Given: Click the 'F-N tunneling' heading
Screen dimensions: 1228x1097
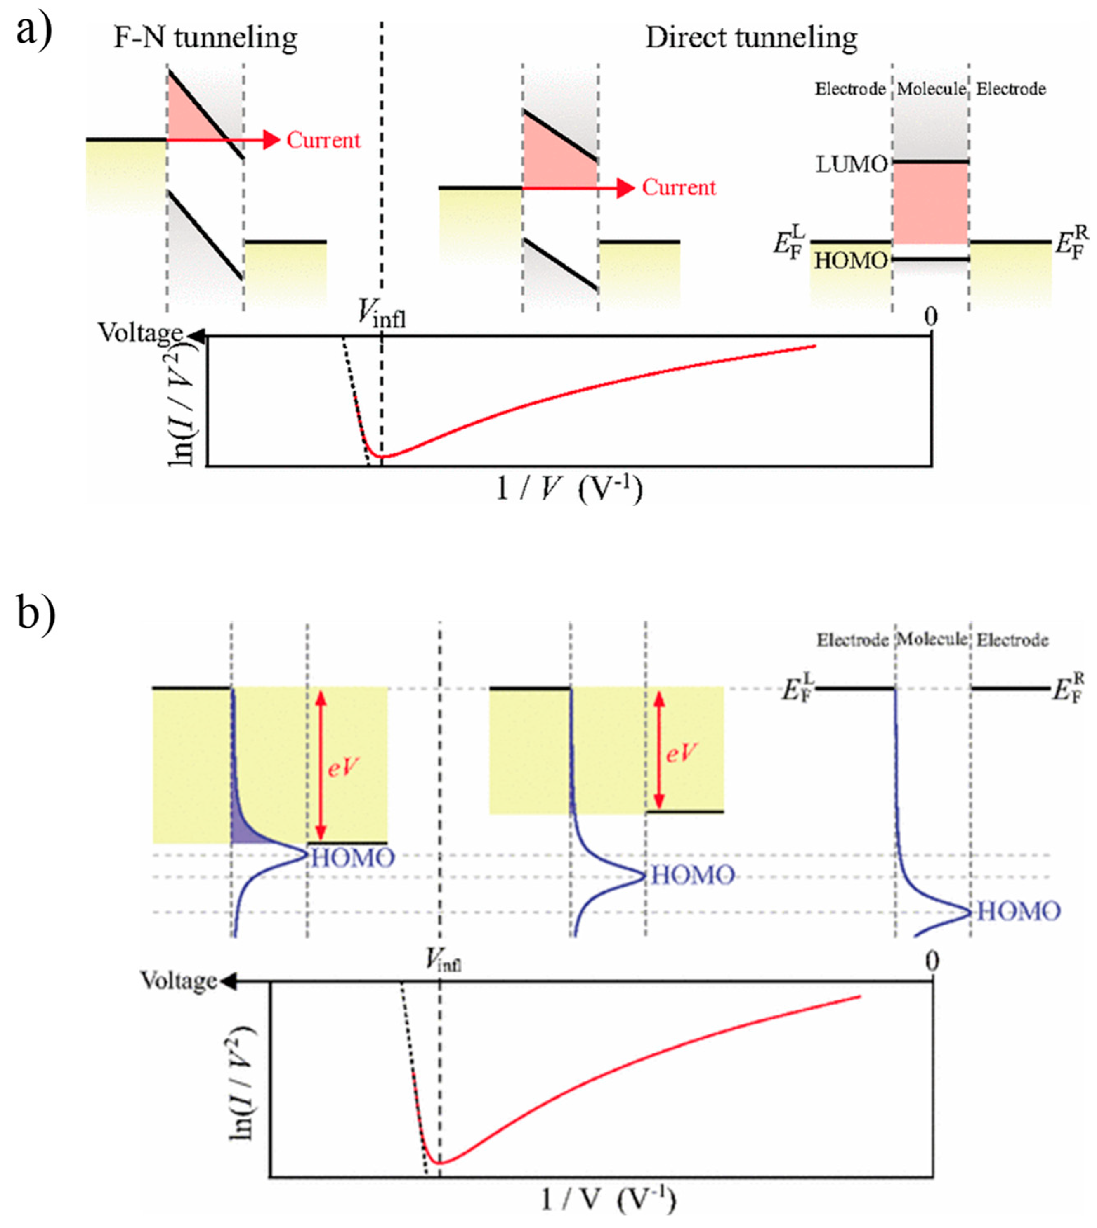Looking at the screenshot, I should pos(205,38).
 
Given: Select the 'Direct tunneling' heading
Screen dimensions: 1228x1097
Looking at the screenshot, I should pos(751,38).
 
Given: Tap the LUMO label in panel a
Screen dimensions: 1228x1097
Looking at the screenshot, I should pos(851,164).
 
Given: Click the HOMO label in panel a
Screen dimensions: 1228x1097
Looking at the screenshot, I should pos(851,261).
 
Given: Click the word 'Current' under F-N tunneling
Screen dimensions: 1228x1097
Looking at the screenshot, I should pos(323,140).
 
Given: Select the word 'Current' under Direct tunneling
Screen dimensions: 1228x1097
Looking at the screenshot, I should pos(679,187).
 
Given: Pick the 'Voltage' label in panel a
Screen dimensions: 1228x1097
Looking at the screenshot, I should pos(140,333).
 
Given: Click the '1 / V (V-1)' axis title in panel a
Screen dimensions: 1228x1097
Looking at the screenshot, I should pos(569,489).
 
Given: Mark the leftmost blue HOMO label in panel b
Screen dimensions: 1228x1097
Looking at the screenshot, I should pos(353,858).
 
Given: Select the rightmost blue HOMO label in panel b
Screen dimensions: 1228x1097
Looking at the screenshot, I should pos(1018,911).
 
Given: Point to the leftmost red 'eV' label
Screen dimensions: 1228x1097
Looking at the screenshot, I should pos(343,767).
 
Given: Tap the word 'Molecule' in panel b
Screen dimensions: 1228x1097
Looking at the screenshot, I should pos(932,639).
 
